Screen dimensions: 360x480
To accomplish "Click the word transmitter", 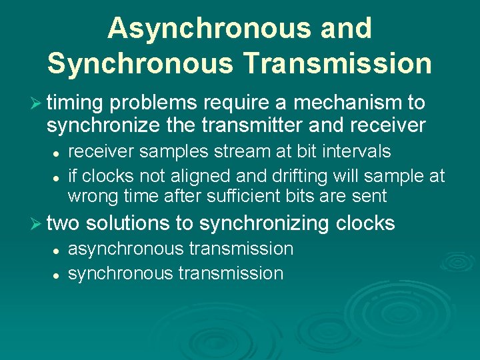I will click(x=257, y=125).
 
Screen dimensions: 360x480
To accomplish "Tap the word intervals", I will click(x=357, y=152).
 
